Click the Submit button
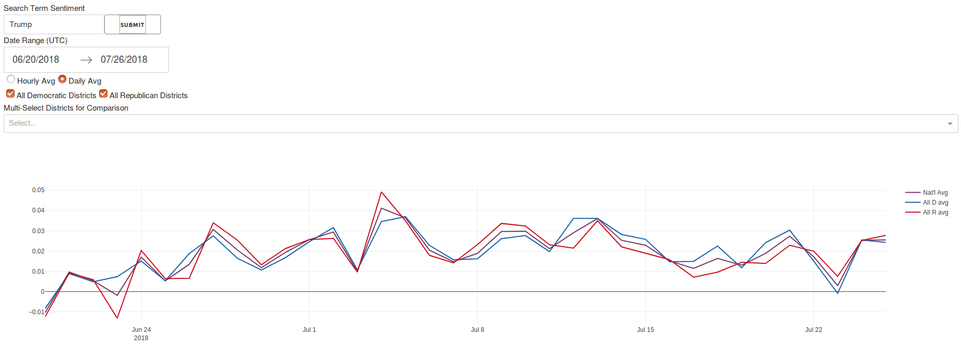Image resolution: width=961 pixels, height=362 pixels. pos(132,24)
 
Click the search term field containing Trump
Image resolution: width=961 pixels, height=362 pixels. pos(53,24)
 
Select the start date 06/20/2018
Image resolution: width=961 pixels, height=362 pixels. pos(36,60)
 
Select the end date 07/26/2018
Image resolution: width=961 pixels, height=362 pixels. pos(124,60)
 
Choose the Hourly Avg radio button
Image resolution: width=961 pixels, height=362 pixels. pos(11,79)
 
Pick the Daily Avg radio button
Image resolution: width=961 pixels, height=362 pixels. pos(62,79)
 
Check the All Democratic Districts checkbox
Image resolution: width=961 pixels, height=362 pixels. pos(10,94)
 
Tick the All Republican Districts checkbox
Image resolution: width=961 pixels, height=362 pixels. pos(103,94)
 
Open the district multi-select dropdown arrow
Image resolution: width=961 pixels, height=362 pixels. pos(950,124)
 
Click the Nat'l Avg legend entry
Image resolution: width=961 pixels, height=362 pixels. pos(935,193)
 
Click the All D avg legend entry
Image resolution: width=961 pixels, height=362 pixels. pos(935,203)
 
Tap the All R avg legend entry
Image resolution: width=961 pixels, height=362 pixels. pos(935,212)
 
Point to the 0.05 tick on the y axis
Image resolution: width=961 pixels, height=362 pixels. pos(38,190)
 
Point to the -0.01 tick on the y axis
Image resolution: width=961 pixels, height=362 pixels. pos(37,312)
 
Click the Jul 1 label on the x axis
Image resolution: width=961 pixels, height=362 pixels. pos(309,330)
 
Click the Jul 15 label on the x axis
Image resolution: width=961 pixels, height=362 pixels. pos(645,330)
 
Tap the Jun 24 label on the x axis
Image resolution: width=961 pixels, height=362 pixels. pos(141,330)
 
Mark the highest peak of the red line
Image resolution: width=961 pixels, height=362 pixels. pos(382,192)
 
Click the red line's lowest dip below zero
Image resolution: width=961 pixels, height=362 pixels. pos(117,318)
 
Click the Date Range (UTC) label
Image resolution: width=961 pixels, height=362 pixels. pos(35,41)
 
